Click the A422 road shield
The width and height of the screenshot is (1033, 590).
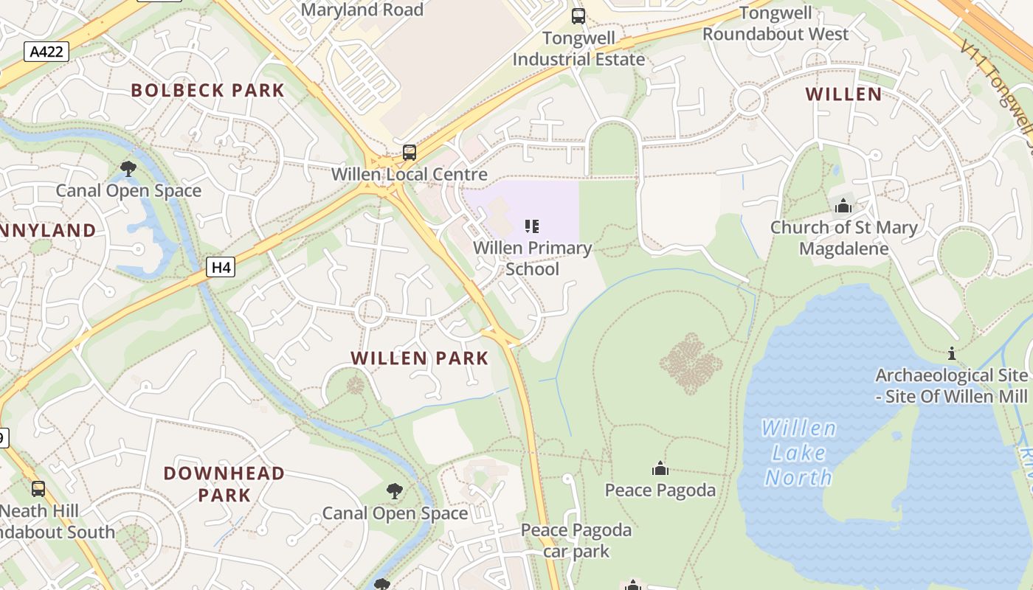pyautogui.click(x=46, y=52)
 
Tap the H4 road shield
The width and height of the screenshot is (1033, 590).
pyautogui.click(x=221, y=267)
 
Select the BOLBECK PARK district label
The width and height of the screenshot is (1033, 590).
pyautogui.click(x=207, y=91)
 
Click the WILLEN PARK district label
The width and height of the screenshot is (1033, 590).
pyautogui.click(x=419, y=358)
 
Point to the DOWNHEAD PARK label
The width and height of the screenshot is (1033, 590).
pyautogui.click(x=224, y=484)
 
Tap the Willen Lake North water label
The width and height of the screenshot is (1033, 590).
pyautogui.click(x=799, y=453)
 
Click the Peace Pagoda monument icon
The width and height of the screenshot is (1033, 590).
pyautogui.click(x=660, y=468)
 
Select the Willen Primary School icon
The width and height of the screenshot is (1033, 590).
pyautogui.click(x=532, y=226)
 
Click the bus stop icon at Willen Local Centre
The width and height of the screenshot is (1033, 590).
pyautogui.click(x=410, y=153)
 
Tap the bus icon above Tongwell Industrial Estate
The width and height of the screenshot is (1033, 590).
pyautogui.click(x=578, y=15)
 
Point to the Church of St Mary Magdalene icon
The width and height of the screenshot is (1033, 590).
pyautogui.click(x=843, y=206)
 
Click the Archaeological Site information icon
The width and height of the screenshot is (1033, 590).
pyautogui.click(x=952, y=354)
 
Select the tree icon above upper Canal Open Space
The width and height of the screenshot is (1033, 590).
pyautogui.click(x=128, y=169)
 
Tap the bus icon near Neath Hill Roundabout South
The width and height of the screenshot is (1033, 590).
pyautogui.click(x=38, y=488)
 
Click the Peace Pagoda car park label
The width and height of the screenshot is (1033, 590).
pyautogui.click(x=576, y=540)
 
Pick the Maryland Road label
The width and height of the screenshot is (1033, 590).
pyautogui.click(x=362, y=10)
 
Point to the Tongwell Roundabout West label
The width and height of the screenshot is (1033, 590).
pyautogui.click(x=775, y=24)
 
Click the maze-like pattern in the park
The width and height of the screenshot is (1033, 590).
pyautogui.click(x=691, y=363)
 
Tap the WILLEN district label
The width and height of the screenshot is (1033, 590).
pyautogui.click(x=843, y=94)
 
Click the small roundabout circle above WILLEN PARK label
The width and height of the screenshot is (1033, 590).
pyautogui.click(x=370, y=312)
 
